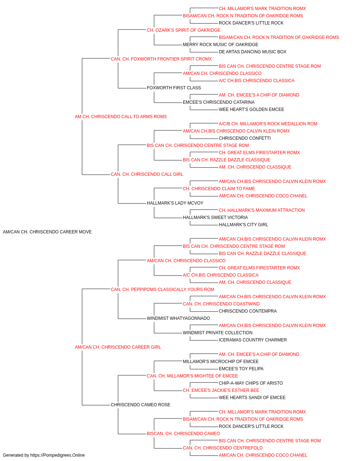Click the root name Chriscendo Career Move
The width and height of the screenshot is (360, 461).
[47, 232]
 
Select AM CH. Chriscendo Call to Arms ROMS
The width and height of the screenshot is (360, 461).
[121, 117]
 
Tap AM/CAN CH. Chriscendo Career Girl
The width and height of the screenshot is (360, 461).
[118, 347]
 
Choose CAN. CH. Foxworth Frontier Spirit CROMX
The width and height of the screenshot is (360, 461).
[161, 59]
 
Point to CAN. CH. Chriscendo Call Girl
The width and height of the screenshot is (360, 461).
[147, 174]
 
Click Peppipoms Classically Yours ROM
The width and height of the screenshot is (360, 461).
[162, 289]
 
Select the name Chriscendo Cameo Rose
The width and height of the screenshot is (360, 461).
[140, 404]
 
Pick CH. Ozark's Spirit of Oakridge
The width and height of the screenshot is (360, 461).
[184, 30]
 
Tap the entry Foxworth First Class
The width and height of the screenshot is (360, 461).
[174, 88]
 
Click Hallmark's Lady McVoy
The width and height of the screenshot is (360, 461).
[175, 203]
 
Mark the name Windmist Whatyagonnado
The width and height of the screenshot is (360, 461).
[178, 318]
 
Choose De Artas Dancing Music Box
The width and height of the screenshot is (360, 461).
[252, 52]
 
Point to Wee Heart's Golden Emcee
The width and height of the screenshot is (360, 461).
[251, 109]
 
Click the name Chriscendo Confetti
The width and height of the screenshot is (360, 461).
[245, 138]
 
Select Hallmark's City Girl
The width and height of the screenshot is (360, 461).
[243, 225]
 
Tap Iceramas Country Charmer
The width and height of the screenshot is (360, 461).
[253, 340]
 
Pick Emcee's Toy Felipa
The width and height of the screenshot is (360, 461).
[241, 369]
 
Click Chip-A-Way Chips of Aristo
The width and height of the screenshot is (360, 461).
[251, 383]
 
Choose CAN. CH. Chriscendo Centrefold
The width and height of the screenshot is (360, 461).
[222, 448]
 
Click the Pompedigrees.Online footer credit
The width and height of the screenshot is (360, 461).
[44, 455]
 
